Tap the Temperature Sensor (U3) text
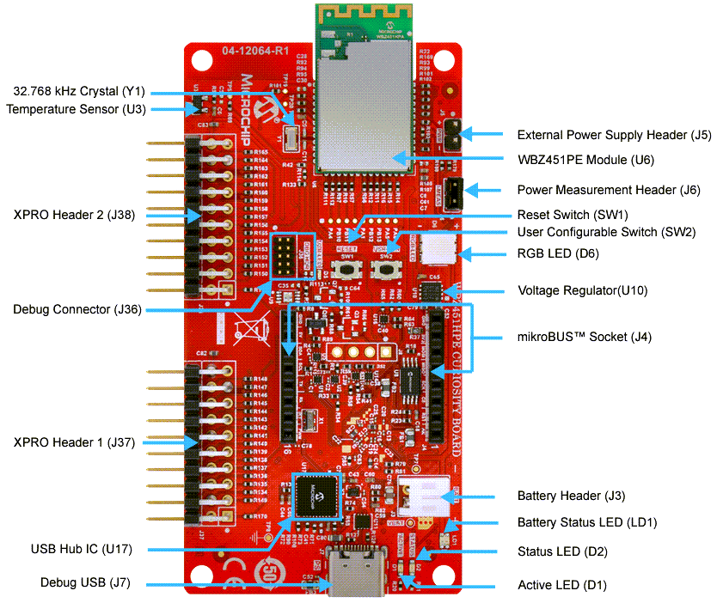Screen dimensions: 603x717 (x=77, y=109)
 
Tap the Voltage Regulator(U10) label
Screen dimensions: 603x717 (x=582, y=290)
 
